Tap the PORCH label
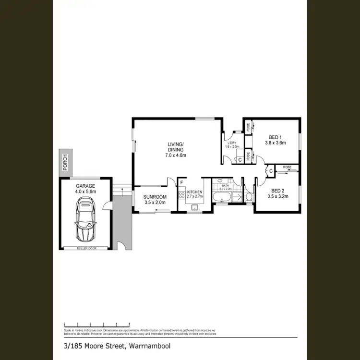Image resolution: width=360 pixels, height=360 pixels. coord(65,163)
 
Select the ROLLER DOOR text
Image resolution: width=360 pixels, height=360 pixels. coord(86,248)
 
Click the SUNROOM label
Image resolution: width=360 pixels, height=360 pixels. coord(155,197)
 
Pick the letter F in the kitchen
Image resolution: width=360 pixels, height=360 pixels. coord(181,183)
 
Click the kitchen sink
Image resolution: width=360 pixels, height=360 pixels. coord(195,207)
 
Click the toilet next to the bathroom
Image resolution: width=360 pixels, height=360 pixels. coord(249,197)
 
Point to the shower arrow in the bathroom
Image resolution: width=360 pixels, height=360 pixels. coord(237,197)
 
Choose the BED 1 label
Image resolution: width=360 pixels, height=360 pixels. coord(276,136)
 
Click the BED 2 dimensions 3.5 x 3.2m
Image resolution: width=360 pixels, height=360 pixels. coord(276,196)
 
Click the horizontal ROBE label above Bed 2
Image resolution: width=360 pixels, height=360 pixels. coord(287,167)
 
